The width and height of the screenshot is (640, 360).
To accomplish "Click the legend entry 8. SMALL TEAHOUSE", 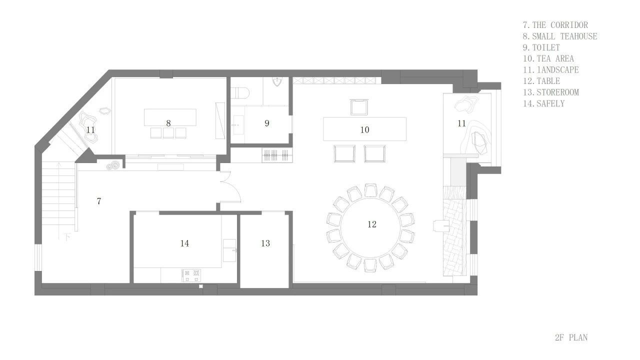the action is click(x=560, y=36).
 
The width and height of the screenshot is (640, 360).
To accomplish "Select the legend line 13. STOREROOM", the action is click(x=551, y=92).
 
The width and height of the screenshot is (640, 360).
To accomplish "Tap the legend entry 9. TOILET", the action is click(x=541, y=47).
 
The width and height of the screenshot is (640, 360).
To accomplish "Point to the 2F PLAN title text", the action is click(x=571, y=337).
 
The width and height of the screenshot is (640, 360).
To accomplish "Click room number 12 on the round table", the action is click(x=371, y=224).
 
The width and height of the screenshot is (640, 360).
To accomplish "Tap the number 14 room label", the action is click(x=184, y=243).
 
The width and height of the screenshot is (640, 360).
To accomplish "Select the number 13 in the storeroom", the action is click(x=265, y=243).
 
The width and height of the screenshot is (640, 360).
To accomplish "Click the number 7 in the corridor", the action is click(x=99, y=201).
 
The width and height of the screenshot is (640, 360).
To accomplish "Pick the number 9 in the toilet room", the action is click(x=267, y=123).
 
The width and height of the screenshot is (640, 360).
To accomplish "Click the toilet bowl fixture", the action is click(x=240, y=92).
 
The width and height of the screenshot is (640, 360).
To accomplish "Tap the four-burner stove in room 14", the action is click(x=191, y=275).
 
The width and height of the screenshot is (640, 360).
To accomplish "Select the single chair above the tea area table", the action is click(x=359, y=107).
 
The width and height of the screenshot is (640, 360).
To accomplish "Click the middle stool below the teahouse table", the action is click(x=168, y=133).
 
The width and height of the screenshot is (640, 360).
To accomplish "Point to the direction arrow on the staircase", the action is click(x=59, y=200).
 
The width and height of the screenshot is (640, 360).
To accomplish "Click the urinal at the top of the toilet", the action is click(x=277, y=81).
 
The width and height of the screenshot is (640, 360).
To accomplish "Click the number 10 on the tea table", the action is click(x=364, y=129).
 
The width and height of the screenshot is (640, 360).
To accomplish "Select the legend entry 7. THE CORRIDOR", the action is click(x=555, y=25).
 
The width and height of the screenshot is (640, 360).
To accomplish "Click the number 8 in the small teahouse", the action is click(x=168, y=123).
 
